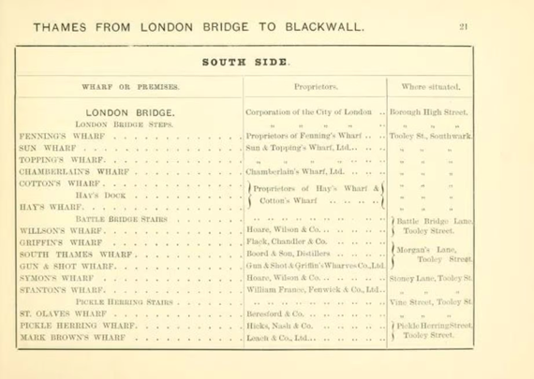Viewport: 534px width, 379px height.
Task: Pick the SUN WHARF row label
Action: tap(45, 147)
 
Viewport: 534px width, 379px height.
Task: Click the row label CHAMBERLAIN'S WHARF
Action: tap(72, 172)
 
